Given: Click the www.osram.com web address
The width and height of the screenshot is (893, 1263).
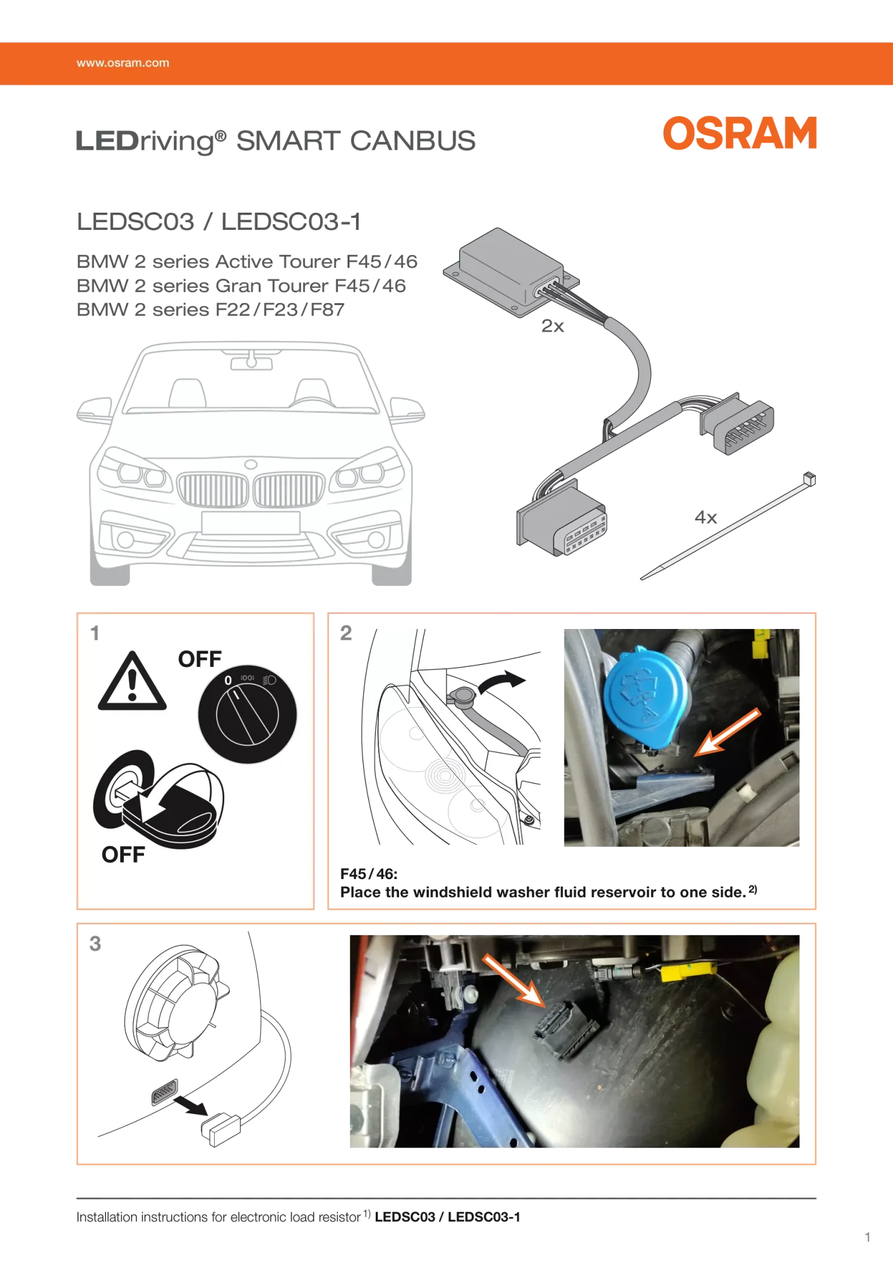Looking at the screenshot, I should (x=123, y=63).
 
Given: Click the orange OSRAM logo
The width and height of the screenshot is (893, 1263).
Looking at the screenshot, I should (x=740, y=133).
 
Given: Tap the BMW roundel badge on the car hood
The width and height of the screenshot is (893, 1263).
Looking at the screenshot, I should (x=251, y=465).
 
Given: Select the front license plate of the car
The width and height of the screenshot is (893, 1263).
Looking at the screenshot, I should (x=251, y=523).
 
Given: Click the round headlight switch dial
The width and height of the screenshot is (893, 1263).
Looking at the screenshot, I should (x=247, y=714).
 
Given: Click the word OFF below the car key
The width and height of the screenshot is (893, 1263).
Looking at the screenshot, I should (x=123, y=854).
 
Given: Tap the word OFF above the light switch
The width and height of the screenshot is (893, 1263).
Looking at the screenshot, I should (x=200, y=659).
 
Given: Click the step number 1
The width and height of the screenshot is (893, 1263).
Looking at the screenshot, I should (x=95, y=633).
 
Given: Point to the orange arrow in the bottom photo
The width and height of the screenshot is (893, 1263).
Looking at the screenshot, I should (x=513, y=979).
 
